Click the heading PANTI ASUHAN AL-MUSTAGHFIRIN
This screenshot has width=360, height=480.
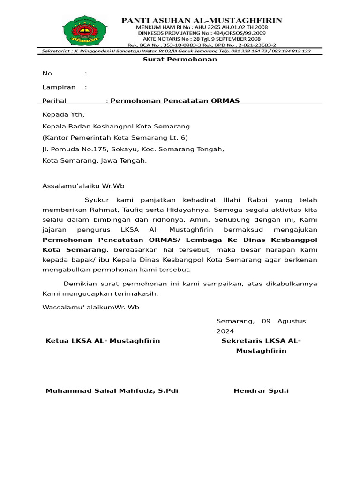[202, 20]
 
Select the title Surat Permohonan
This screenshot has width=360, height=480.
[180, 60]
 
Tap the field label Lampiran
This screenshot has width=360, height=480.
[59, 87]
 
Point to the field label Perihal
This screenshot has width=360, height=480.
[54, 101]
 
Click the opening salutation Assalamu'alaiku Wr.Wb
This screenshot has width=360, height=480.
[83, 186]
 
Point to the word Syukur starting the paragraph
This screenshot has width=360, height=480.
[97, 200]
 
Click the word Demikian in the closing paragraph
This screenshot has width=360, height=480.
[82, 284]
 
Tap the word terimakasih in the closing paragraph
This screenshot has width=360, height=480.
[134, 294]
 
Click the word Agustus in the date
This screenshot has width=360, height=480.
[291, 321]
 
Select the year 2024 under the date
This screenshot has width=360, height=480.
[225, 331]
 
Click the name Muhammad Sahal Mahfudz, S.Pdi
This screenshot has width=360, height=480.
[112, 391]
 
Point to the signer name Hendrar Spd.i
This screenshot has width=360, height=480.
[261, 391]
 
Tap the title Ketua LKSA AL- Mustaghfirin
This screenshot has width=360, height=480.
[103, 341]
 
